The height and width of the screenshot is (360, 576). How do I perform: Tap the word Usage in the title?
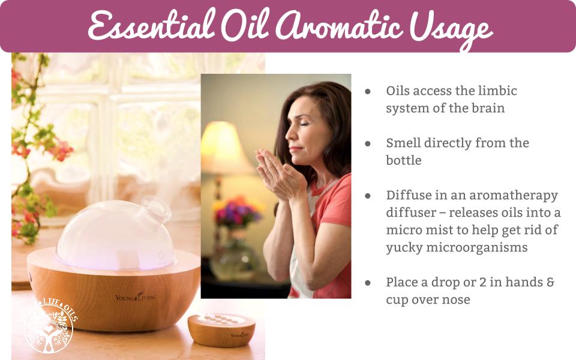tap(451, 28)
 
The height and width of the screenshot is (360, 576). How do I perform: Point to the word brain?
tap(487, 108)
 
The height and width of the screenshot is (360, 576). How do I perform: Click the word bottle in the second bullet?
tap(403, 160)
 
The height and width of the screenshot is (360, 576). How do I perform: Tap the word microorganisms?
tap(476, 247)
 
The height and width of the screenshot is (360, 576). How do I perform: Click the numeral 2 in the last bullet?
tap(482, 282)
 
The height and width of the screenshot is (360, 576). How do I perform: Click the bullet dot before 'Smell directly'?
tap(368, 143)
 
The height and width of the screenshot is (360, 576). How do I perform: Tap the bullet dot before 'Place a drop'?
tap(368, 283)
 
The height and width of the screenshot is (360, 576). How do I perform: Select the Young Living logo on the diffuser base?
tap(136, 297)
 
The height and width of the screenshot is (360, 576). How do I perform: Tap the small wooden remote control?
tap(221, 330)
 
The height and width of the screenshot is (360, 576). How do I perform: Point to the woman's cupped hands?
tap(280, 174)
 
